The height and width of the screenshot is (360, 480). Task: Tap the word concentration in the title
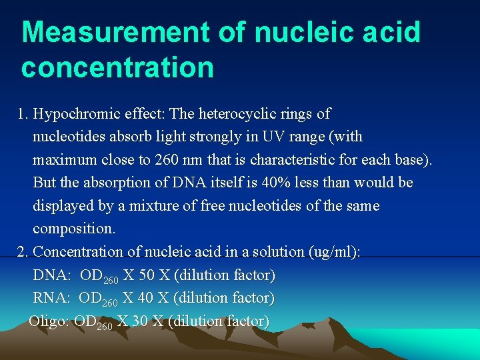(117, 67)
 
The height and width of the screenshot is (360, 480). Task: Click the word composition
(73, 229)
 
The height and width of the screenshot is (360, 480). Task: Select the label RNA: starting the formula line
(51, 297)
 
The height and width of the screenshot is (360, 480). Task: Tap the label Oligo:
(49, 321)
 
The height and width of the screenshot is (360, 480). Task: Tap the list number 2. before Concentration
(23, 251)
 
